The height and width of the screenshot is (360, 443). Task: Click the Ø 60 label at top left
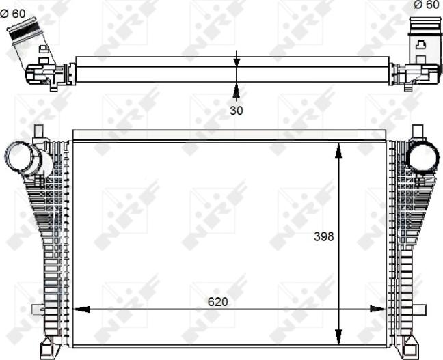[14, 13]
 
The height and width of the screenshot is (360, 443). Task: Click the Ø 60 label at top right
[427, 5]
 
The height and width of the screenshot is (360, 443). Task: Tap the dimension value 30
[236, 109]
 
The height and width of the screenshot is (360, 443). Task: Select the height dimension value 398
[323, 237]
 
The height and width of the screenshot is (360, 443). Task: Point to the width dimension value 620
[217, 301]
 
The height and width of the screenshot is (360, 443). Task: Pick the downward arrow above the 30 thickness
[237, 61]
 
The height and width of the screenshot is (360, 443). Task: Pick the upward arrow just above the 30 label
[237, 89]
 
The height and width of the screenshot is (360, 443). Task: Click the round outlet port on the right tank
[422, 158]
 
